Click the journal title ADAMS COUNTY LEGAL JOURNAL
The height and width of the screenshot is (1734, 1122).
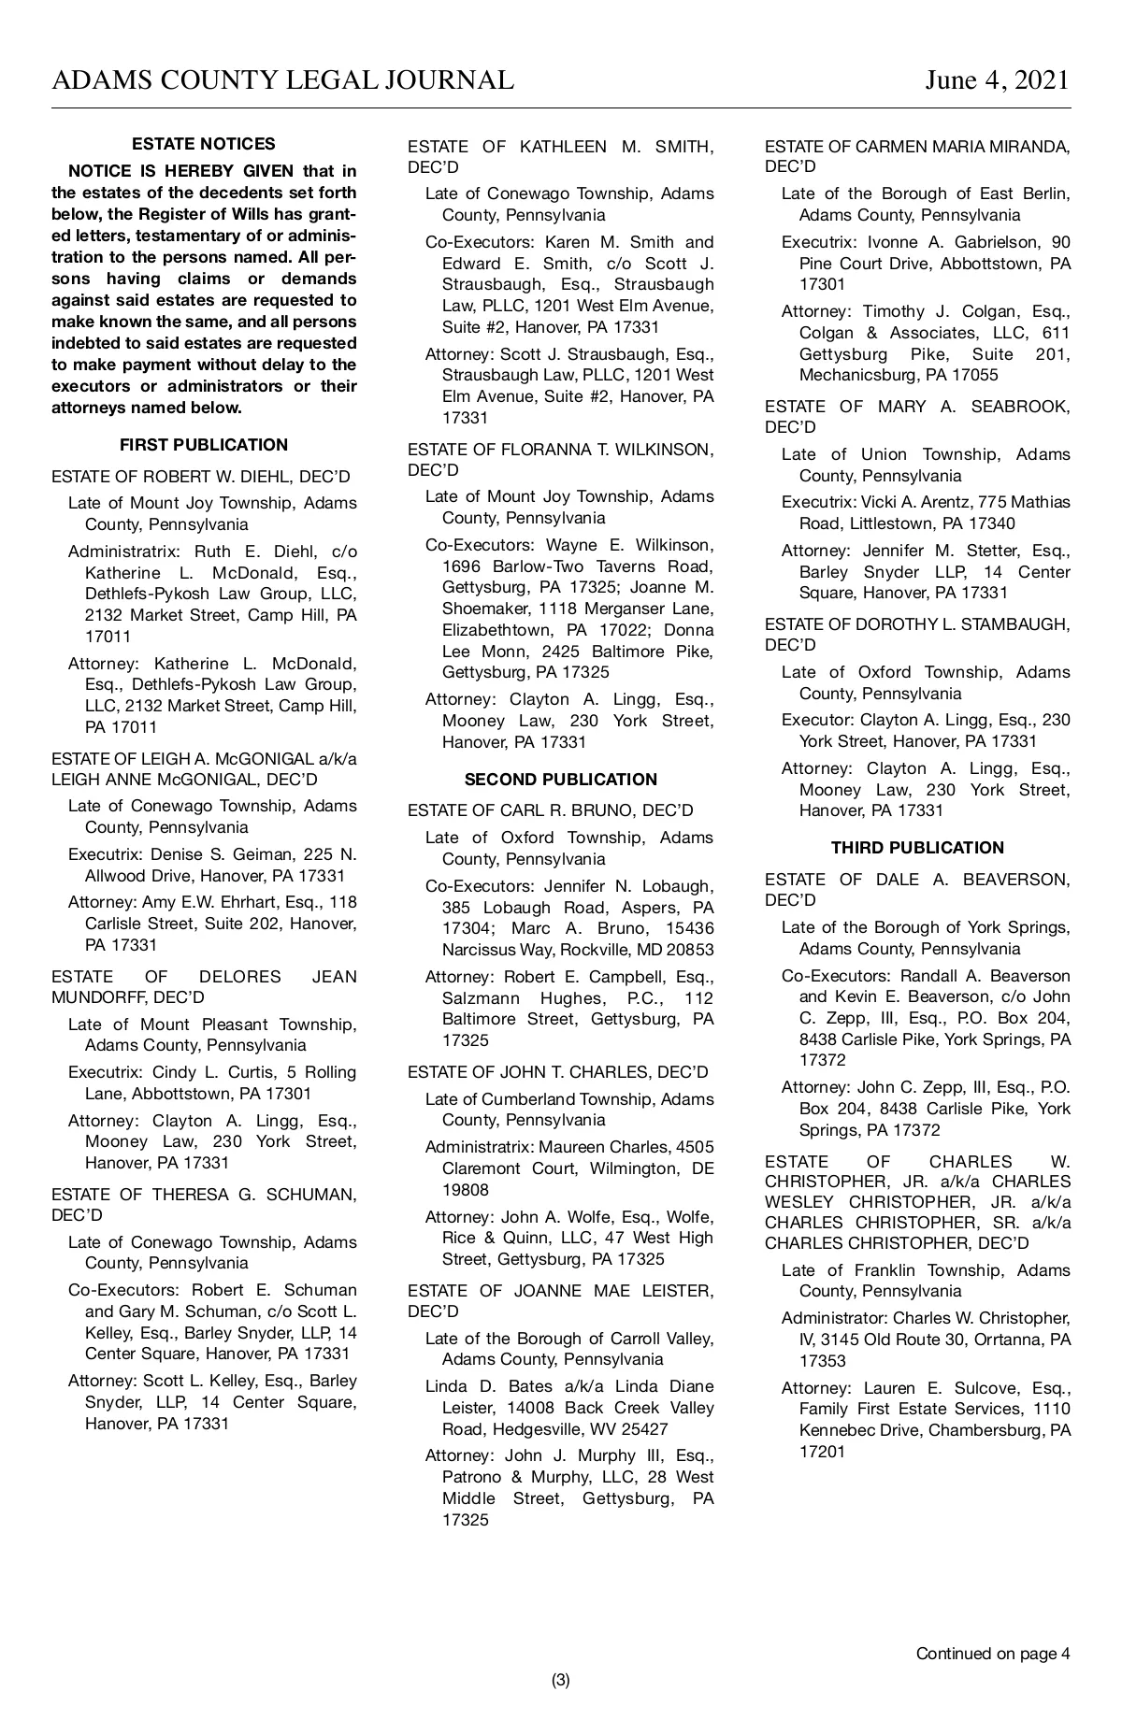pyautogui.click(x=282, y=80)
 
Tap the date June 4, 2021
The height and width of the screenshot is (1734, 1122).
pyautogui.click(x=997, y=80)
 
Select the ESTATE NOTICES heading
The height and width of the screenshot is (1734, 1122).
pyautogui.click(x=204, y=144)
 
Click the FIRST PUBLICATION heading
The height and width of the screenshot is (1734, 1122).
pyautogui.click(x=204, y=445)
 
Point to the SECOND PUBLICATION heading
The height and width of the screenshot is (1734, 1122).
pyautogui.click(x=560, y=780)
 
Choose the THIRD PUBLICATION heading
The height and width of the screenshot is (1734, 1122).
pyautogui.click(x=917, y=848)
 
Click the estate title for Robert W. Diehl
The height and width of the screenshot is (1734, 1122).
pyautogui.click(x=201, y=476)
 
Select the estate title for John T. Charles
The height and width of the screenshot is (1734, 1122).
pyautogui.click(x=558, y=1072)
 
